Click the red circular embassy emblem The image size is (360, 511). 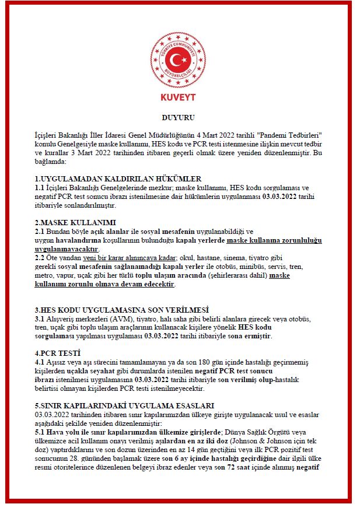click(178, 58)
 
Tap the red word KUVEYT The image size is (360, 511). click(178, 97)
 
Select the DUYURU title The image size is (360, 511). click(178, 117)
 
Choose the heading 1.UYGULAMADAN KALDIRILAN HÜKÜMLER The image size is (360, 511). click(118, 178)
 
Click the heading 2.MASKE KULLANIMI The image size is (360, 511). click(75, 223)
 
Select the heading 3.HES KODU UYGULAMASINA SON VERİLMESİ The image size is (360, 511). click(121, 309)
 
